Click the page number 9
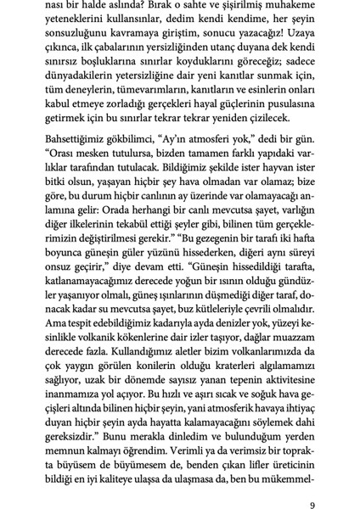click(313, 484)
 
